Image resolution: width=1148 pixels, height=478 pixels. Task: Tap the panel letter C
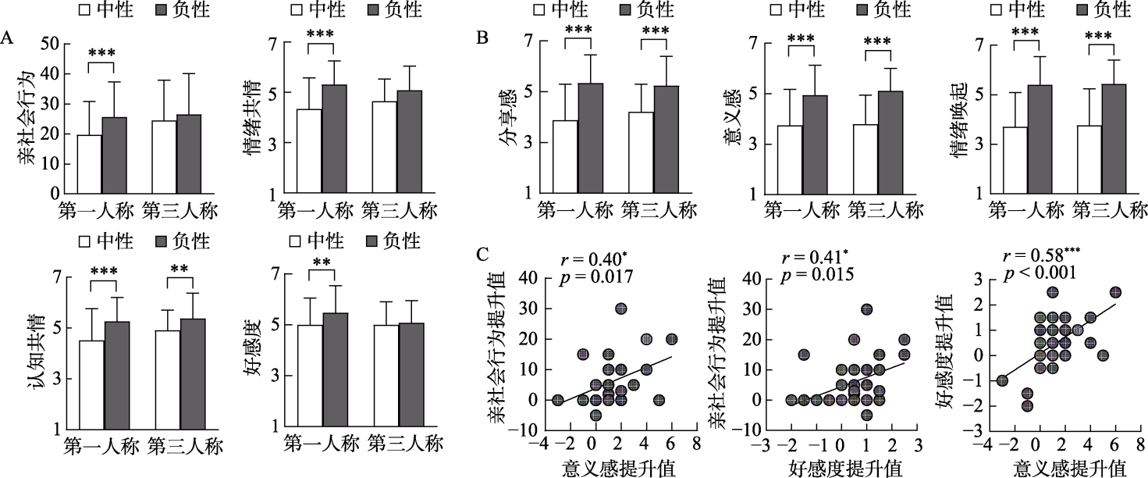(483, 255)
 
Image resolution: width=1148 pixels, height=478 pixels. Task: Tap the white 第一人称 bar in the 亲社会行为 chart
(89, 163)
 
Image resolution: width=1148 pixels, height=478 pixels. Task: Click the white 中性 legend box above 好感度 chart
(296, 240)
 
